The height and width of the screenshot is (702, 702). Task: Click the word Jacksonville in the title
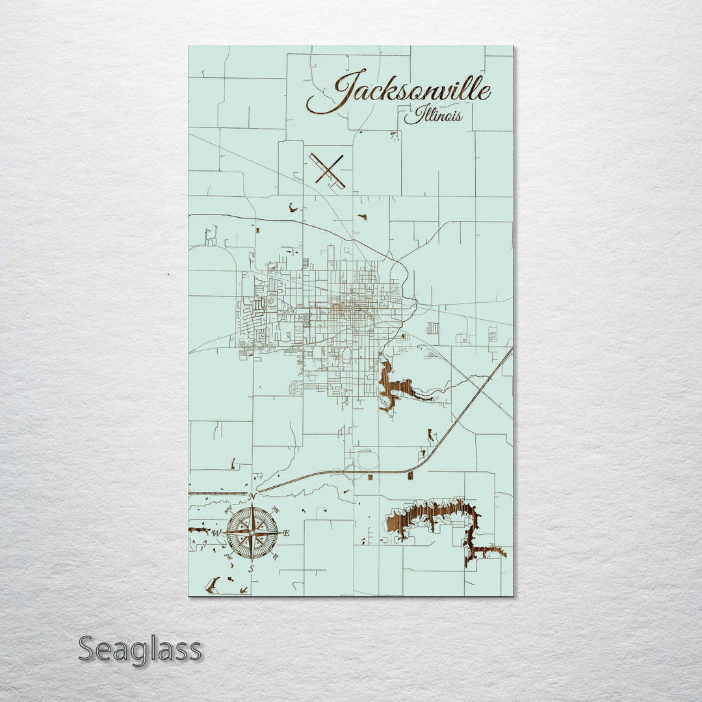point(406,91)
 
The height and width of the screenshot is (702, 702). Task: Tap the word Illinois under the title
point(434,116)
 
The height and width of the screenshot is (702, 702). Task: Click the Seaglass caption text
point(140,649)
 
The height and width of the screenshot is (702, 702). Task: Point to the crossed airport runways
point(328,170)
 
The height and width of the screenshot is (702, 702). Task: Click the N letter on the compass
point(252,497)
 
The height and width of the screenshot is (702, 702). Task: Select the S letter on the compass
point(252,569)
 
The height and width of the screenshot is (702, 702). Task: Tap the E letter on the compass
point(287,533)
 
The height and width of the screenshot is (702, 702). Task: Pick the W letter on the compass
point(216,533)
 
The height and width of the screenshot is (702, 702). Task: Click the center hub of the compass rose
point(252,532)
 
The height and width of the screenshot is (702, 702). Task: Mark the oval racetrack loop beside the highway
point(369,460)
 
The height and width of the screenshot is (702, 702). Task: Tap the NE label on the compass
point(276,510)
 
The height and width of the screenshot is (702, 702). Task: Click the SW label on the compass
point(228,556)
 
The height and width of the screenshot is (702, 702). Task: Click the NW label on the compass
point(228,510)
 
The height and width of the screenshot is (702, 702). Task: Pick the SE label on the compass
point(276,556)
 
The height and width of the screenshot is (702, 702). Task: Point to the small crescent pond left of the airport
point(292,207)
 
